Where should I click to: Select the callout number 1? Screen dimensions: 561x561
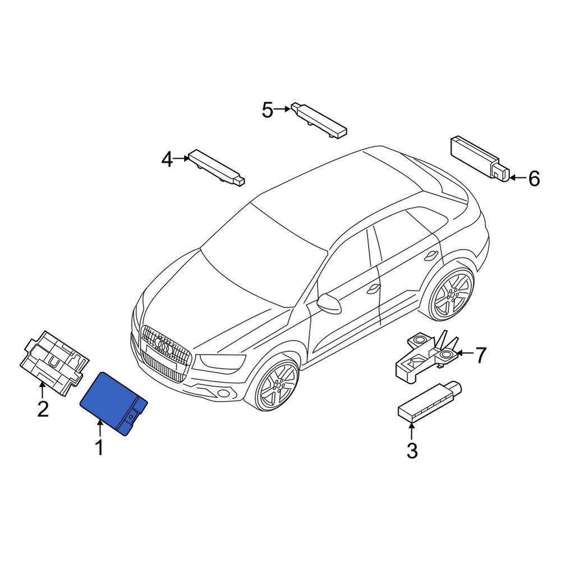tap(99, 448)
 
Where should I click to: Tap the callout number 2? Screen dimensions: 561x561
tap(43, 409)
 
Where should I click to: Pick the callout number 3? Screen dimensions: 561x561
tap(412, 450)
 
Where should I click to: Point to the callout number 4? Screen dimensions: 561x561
tap(167, 160)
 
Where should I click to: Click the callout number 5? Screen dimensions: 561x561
tap(268, 110)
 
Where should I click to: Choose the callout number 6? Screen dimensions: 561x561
tap(534, 179)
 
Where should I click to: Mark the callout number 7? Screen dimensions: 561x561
tap(481, 355)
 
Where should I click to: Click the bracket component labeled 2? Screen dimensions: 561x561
tap(53, 359)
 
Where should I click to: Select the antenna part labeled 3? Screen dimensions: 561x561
tap(428, 401)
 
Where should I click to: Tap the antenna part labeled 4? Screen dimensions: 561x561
tap(216, 167)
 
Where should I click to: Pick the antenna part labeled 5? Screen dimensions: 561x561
tap(319, 119)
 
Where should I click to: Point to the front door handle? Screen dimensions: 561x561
tap(371, 289)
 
